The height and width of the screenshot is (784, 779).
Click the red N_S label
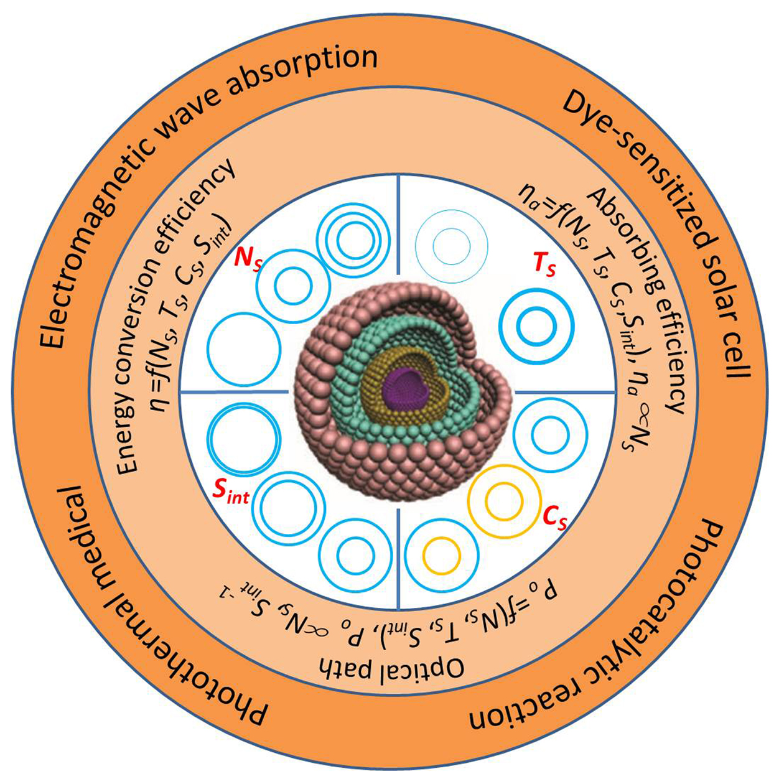coord(248,259)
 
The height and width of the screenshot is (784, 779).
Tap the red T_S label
coord(544,266)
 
